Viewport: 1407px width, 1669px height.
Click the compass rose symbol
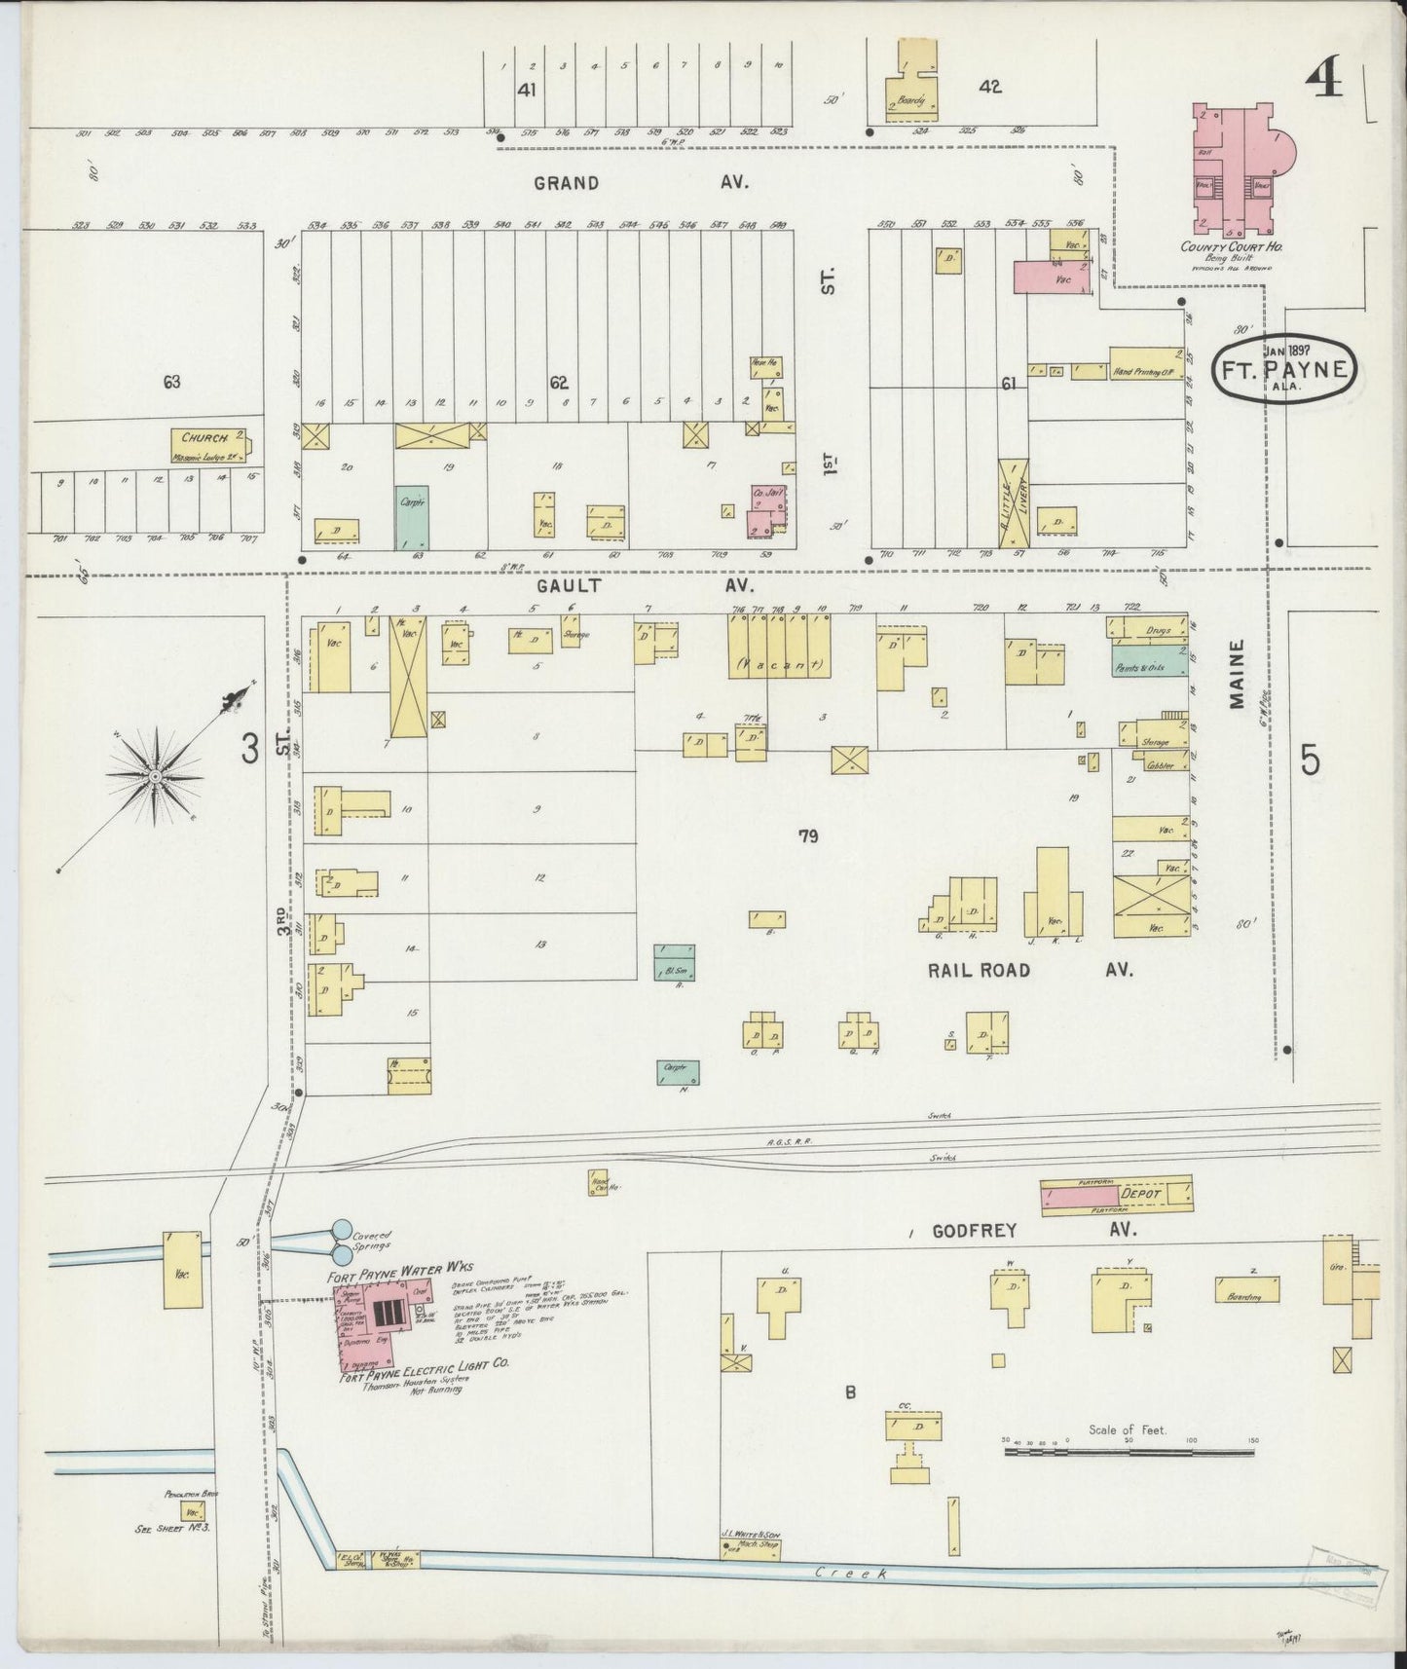click(154, 776)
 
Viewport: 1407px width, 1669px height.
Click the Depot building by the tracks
click(1118, 1195)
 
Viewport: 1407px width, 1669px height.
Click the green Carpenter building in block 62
click(413, 516)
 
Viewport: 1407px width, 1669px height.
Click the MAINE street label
click(1237, 674)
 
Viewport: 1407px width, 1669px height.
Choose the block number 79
click(807, 835)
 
